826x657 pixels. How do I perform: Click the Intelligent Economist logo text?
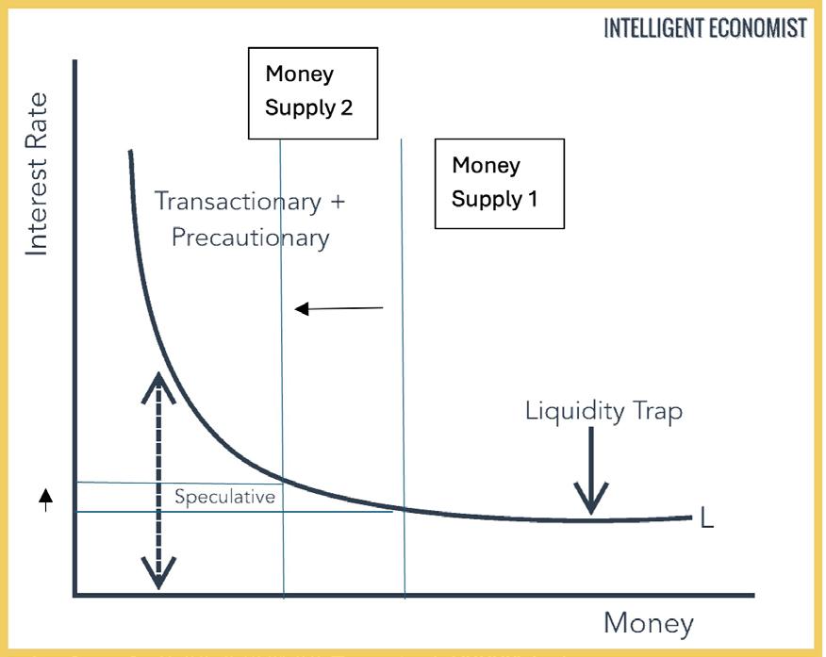pyautogui.click(x=705, y=28)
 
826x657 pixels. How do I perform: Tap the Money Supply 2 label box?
pyautogui.click(x=313, y=92)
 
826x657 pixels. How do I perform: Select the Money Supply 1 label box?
pyautogui.click(x=499, y=183)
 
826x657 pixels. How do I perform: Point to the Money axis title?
pyautogui.click(x=648, y=623)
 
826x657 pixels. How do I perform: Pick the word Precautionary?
pyautogui.click(x=250, y=237)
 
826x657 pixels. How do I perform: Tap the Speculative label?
pyautogui.click(x=224, y=497)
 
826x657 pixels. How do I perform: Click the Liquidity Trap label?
pyautogui.click(x=603, y=412)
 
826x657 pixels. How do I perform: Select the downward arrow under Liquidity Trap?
pyautogui.click(x=591, y=472)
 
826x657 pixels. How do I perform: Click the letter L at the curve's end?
pyautogui.click(x=707, y=517)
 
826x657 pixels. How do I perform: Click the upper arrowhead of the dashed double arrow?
pyautogui.click(x=158, y=381)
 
